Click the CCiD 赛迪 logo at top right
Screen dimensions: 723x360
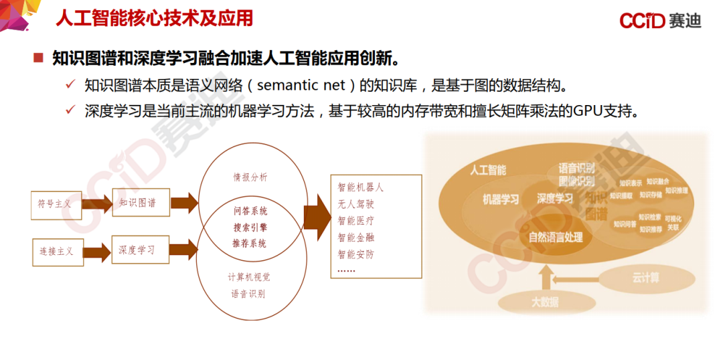coord(659,20)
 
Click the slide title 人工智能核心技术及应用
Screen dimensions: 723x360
coord(153,18)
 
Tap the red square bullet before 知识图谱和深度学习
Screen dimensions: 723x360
coord(38,58)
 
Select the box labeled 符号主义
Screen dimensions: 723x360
coord(56,204)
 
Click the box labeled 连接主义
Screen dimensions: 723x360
coord(57,252)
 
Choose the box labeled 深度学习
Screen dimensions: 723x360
coord(139,250)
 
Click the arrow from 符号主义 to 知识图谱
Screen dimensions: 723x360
coord(96,204)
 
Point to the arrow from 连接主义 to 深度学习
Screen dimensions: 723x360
coord(96,252)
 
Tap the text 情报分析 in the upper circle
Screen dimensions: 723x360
coord(250,177)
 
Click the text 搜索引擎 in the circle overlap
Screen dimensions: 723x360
coord(250,228)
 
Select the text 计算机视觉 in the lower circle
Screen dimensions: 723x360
coord(250,277)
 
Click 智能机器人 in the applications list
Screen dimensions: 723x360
coord(360,187)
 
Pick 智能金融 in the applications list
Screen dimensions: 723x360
coord(355,238)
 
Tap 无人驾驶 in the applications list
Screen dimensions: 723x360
coord(355,204)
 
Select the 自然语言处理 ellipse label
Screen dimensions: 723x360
coord(555,237)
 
